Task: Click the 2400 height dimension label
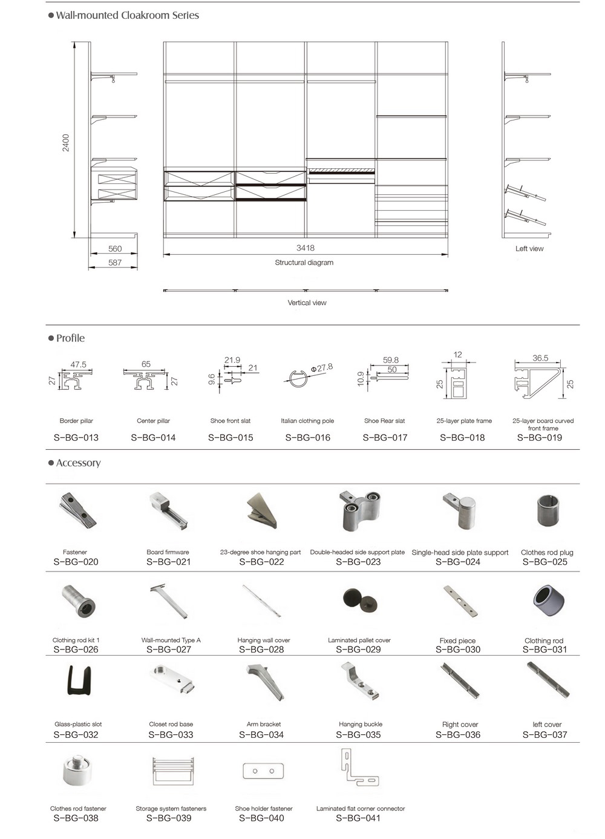coord(66,143)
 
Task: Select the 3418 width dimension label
coord(306,248)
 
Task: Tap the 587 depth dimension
coord(115,263)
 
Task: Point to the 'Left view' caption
coord(529,249)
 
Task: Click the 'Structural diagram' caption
coord(304,263)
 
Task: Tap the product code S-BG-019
coord(540,438)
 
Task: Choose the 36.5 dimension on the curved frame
coord(540,358)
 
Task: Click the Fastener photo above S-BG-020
coord(77,510)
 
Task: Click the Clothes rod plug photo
coord(548,511)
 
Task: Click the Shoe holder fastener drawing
coord(263,771)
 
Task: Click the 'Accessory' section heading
coord(78,463)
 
